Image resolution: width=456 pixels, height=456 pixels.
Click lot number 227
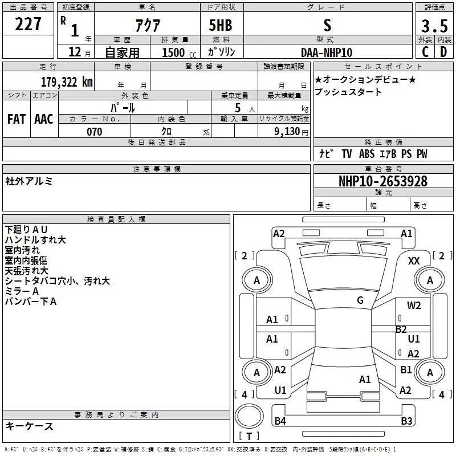pyautogui.click(x=28, y=24)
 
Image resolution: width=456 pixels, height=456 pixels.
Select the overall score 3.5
pyautogui.click(x=434, y=26)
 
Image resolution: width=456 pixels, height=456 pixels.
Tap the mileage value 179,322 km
pyautogui.click(x=67, y=82)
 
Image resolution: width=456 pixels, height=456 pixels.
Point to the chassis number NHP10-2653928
pyautogui.click(x=383, y=181)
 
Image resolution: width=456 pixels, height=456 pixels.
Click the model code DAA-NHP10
pyautogui.click(x=327, y=52)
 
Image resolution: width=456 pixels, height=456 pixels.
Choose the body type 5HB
pyautogui.click(x=221, y=25)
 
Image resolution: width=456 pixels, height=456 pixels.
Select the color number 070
pyautogui.click(x=95, y=132)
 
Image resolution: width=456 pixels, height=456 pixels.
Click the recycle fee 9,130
pyautogui.click(x=287, y=132)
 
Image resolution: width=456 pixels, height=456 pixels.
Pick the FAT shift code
pyautogui.click(x=17, y=119)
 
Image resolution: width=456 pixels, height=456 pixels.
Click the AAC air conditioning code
pyautogui.click(x=44, y=119)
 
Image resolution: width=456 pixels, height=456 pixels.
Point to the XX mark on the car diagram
pyautogui.click(x=414, y=261)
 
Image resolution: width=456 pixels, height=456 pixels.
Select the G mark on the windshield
pyautogui.click(x=360, y=300)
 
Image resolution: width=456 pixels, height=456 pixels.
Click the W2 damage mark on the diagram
pyautogui.click(x=414, y=306)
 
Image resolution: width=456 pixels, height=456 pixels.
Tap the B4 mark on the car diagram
pyautogui.click(x=280, y=421)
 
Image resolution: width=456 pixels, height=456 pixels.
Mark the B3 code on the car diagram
pyautogui.click(x=406, y=421)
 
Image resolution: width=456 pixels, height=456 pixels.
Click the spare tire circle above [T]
pyautogui.click(x=249, y=416)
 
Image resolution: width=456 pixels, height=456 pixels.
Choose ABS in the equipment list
pyautogui.click(x=367, y=154)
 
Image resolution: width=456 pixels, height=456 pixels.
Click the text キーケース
pyautogui.click(x=29, y=426)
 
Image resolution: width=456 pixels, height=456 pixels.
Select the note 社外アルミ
pyautogui.click(x=29, y=181)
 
